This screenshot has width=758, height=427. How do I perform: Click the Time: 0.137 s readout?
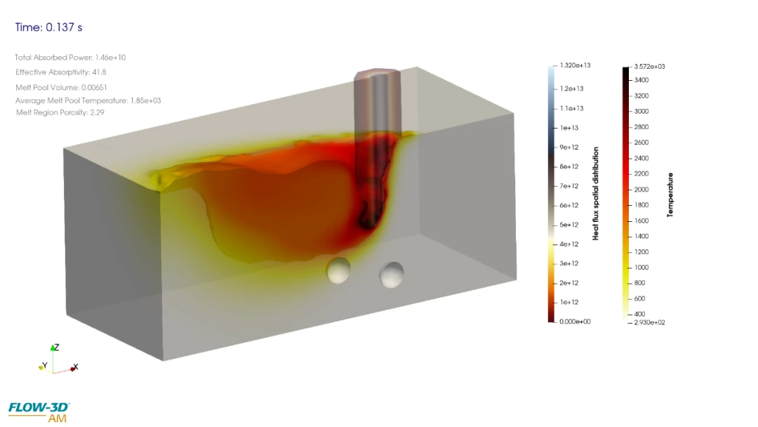click(x=48, y=27)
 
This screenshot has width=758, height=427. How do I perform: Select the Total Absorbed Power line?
click(x=70, y=58)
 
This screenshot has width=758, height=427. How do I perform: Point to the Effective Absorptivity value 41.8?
click(x=99, y=72)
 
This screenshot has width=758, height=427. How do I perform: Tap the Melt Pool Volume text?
click(x=61, y=88)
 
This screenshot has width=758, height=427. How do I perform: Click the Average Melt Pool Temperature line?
click(x=88, y=100)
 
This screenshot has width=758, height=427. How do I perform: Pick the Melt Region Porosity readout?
click(x=60, y=112)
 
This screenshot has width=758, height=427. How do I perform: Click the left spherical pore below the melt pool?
click(x=338, y=270)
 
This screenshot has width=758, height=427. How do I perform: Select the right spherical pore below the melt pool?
click(x=392, y=275)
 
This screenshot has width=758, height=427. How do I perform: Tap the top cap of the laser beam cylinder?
click(x=377, y=74)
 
